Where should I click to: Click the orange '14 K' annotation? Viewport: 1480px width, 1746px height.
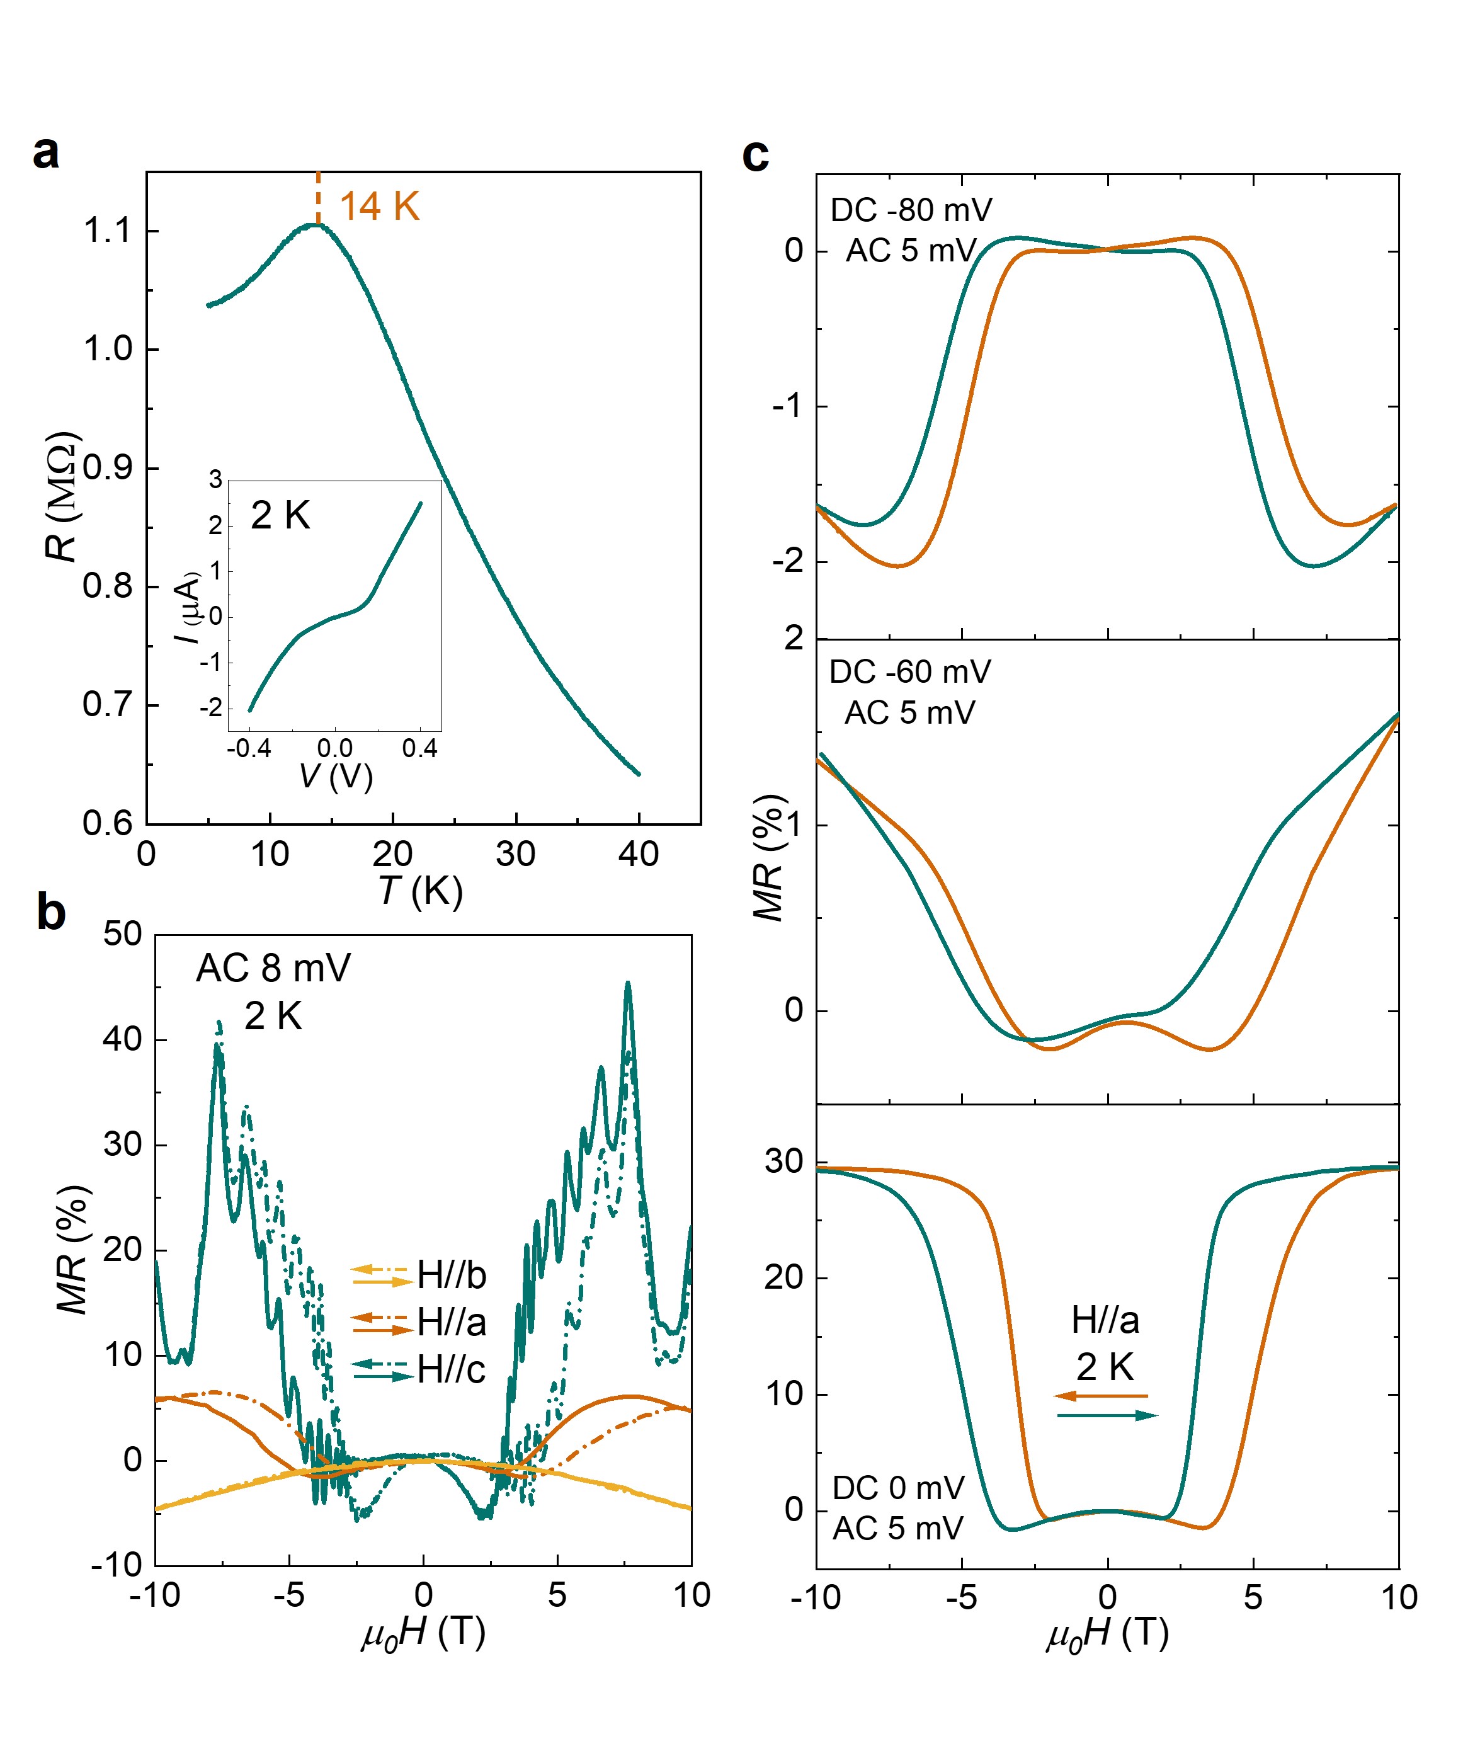pos(379,207)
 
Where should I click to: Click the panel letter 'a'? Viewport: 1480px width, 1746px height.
pos(46,152)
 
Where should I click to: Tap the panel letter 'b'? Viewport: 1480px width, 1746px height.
pos(50,913)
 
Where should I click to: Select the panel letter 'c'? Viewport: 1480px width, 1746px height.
pos(755,154)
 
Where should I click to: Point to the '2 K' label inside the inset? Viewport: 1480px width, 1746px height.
pos(280,515)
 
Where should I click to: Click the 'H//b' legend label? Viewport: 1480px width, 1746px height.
pos(452,1275)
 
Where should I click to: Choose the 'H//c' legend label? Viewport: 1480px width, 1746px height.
pos(452,1369)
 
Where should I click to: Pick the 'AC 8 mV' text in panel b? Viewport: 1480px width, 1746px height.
pos(273,968)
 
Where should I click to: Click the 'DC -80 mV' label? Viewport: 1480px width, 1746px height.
pos(911,210)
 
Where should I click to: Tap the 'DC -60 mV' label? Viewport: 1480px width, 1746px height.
pos(910,671)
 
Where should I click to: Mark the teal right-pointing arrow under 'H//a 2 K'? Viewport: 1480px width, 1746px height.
pos(1108,1415)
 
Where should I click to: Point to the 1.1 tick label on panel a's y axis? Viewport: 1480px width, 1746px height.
pos(108,230)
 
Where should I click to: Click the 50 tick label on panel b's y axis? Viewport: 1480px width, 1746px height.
pos(123,934)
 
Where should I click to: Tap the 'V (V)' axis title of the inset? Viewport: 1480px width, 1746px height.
pos(336,776)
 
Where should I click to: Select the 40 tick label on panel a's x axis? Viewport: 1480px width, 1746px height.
pos(639,854)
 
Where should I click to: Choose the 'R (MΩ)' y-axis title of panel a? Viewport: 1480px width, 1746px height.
pos(62,497)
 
